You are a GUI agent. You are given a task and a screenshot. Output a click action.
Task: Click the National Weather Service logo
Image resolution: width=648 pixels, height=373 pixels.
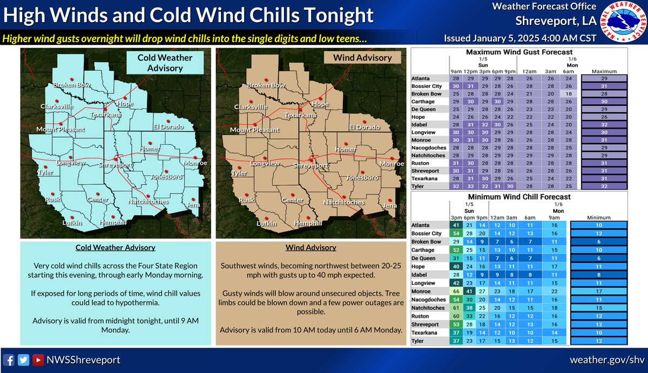(x=623, y=23)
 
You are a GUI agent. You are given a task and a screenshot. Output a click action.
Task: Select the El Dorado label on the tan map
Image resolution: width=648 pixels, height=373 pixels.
(x=364, y=127)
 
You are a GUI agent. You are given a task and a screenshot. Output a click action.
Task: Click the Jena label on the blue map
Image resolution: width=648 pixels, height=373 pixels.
(x=193, y=206)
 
